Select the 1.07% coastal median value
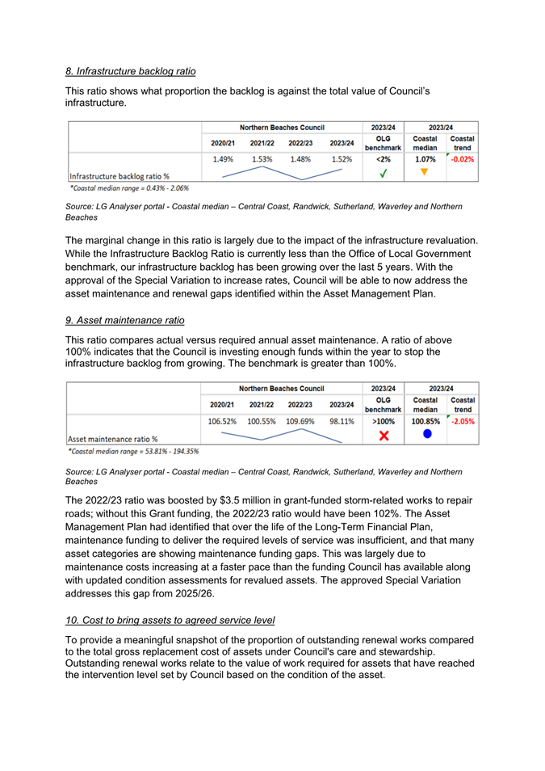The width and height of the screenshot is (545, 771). (425, 159)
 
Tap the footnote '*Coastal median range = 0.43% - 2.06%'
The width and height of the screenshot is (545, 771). (128, 187)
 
